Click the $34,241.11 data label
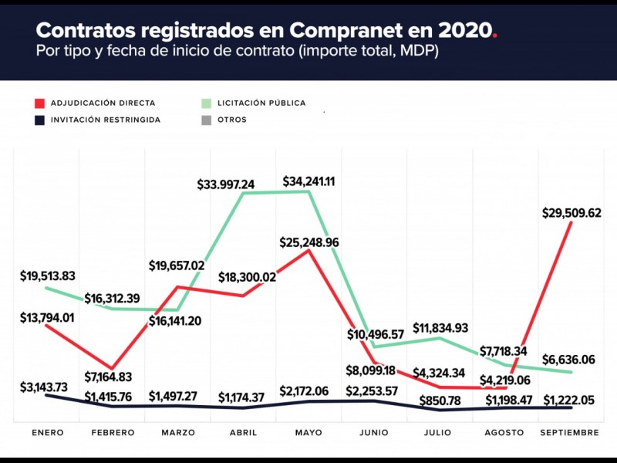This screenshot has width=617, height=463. [313, 182]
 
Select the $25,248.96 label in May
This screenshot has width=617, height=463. [309, 242]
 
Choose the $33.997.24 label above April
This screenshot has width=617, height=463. [237, 184]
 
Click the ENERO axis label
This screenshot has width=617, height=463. [48, 433]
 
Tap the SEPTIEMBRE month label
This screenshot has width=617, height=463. [570, 433]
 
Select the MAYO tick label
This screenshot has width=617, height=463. [308, 433]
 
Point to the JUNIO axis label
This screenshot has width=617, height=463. [373, 433]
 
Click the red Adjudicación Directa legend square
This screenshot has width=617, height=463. [39, 103]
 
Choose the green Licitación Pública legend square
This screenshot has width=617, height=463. [206, 103]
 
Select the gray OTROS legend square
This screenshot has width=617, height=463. [206, 120]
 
